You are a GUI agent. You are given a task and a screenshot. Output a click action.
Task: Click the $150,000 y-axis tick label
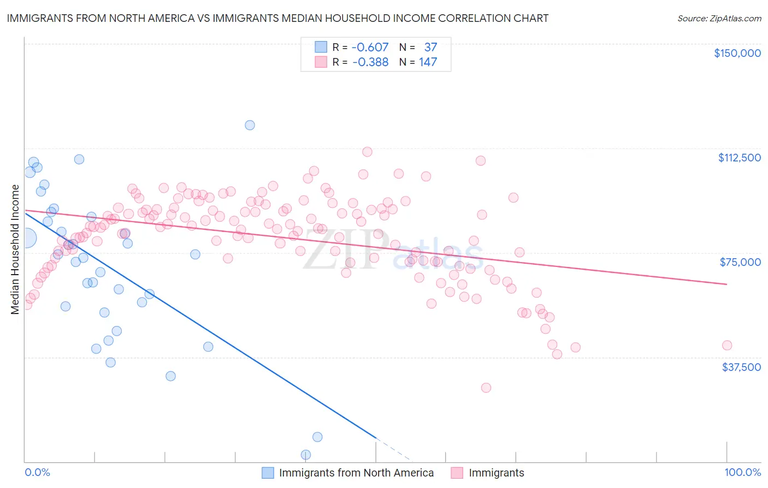click(x=737, y=53)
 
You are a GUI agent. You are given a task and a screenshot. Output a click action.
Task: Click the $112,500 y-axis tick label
click(x=739, y=158)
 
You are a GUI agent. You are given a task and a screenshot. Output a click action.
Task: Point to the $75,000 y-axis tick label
click(x=740, y=262)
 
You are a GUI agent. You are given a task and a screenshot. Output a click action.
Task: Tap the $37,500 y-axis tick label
click(x=741, y=367)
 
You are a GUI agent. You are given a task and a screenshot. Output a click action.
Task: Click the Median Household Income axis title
click(x=15, y=249)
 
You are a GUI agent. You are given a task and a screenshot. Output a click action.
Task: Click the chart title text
click(x=277, y=18)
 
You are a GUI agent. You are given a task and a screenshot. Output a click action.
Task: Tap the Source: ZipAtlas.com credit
click(x=719, y=18)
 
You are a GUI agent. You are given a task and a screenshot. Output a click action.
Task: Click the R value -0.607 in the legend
click(x=370, y=47)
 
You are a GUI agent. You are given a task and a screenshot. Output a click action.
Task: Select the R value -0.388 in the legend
click(x=370, y=62)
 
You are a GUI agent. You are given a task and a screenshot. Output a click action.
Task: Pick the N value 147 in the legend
click(x=428, y=62)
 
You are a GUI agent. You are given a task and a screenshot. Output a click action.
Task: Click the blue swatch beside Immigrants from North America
click(x=268, y=473)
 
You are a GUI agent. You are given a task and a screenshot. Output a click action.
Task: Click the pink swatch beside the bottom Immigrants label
click(x=457, y=473)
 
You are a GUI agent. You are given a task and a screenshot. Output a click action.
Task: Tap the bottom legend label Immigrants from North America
click(x=356, y=473)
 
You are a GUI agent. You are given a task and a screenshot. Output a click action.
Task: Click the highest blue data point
click(x=250, y=125)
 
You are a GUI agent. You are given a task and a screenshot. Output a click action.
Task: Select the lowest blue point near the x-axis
click(x=306, y=455)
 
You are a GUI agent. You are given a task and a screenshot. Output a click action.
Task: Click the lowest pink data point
click(x=486, y=387)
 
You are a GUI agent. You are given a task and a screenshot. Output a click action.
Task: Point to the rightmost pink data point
click(x=726, y=345)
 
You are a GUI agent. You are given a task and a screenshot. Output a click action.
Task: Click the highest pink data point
click(x=367, y=152)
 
